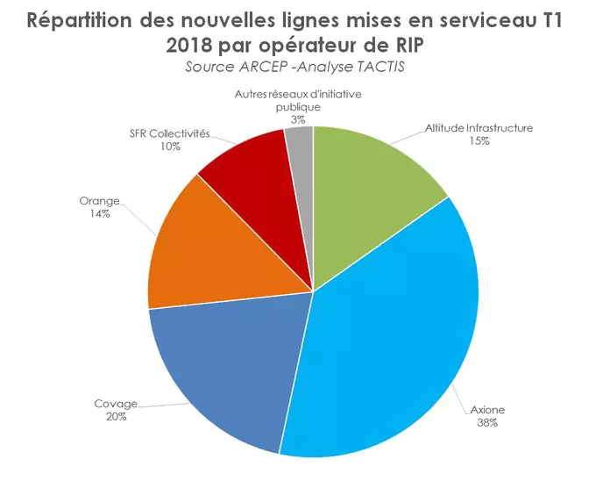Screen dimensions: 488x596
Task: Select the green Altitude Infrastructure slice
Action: tap(372, 189)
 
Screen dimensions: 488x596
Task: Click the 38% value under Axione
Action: tap(487, 422)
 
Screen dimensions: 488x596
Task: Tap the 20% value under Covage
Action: tap(116, 416)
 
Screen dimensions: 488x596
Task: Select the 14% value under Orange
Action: tap(99, 213)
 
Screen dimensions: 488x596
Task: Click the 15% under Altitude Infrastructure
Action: tap(479, 140)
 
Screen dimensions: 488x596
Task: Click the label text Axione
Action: tap(486, 410)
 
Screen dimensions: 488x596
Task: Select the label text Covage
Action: tap(116, 404)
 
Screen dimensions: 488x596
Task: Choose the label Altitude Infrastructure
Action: tap(479, 128)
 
